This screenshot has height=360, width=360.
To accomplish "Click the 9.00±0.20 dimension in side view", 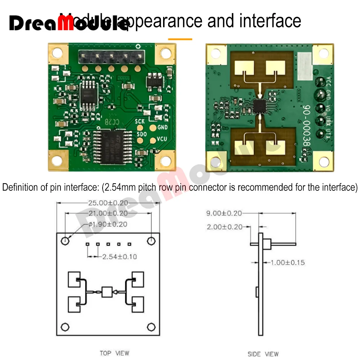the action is pyautogui.click(x=224, y=213).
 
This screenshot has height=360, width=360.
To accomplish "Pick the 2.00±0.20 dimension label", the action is pyautogui.click(x=224, y=227).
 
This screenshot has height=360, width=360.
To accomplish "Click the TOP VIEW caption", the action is pyautogui.click(x=114, y=353).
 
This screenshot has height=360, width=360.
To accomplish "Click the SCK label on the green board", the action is pyautogui.click(x=140, y=121).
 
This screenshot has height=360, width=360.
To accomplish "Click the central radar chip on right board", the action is pyautogui.click(x=260, y=105).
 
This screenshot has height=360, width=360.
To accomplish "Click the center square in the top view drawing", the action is pyautogui.click(x=107, y=292).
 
